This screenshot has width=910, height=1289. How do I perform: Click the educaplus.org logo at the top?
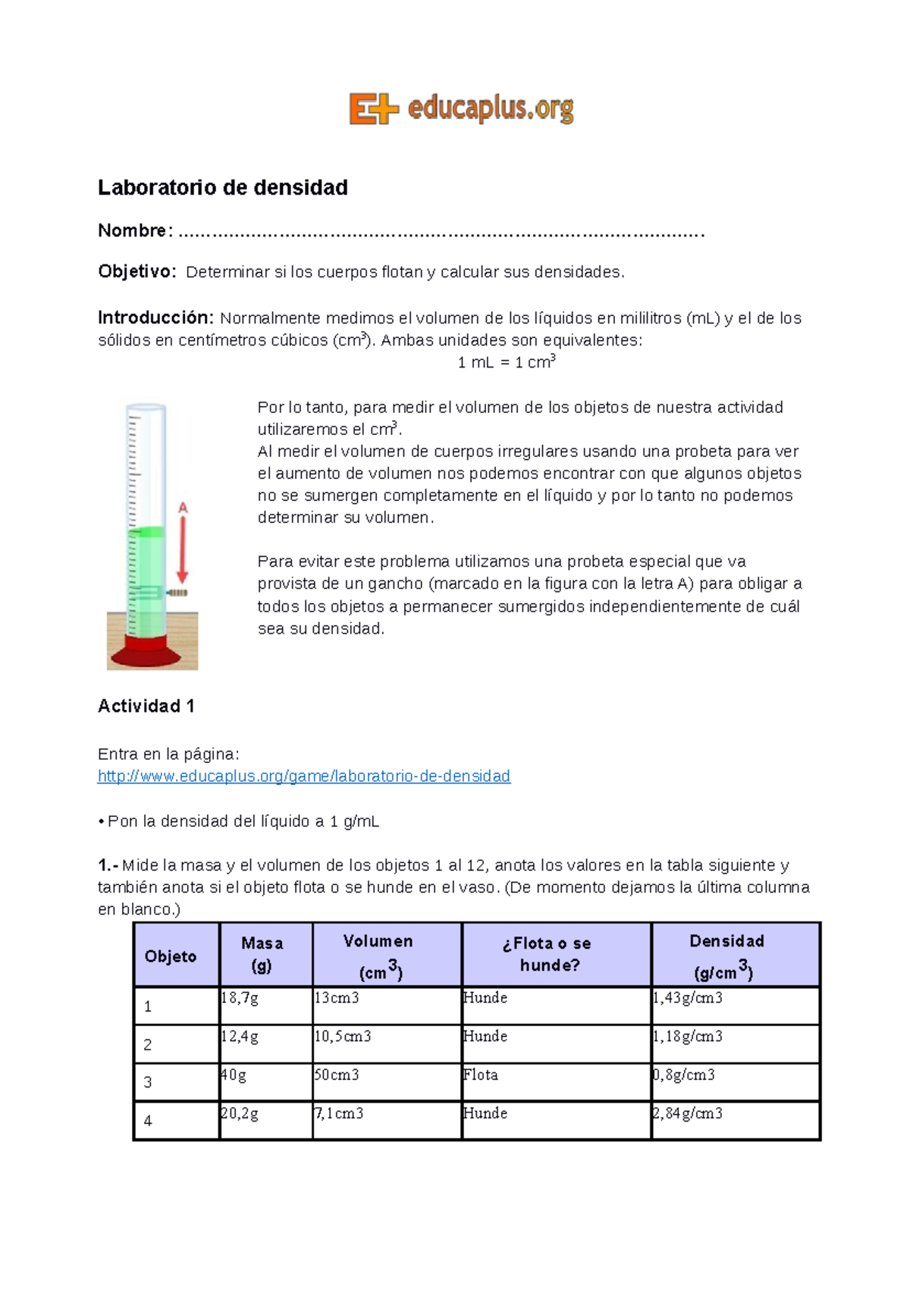461,108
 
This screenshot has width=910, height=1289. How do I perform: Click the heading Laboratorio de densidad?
223,188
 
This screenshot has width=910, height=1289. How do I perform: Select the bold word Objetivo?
136,272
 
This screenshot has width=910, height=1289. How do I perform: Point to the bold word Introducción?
155,318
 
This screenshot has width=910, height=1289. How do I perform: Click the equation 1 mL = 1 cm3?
507,362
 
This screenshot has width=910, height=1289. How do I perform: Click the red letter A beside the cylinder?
183,508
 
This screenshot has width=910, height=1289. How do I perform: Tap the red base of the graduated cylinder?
152,650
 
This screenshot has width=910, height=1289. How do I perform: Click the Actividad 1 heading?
146,706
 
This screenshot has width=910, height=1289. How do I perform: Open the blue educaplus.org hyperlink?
304,776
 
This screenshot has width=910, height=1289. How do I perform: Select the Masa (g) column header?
262,954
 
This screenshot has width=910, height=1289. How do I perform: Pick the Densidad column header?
726,955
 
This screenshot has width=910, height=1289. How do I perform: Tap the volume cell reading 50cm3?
337,1075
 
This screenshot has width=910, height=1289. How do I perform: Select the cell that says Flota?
481,1075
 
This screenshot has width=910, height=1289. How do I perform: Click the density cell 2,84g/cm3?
688,1113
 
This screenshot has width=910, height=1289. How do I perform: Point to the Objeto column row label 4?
148,1121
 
